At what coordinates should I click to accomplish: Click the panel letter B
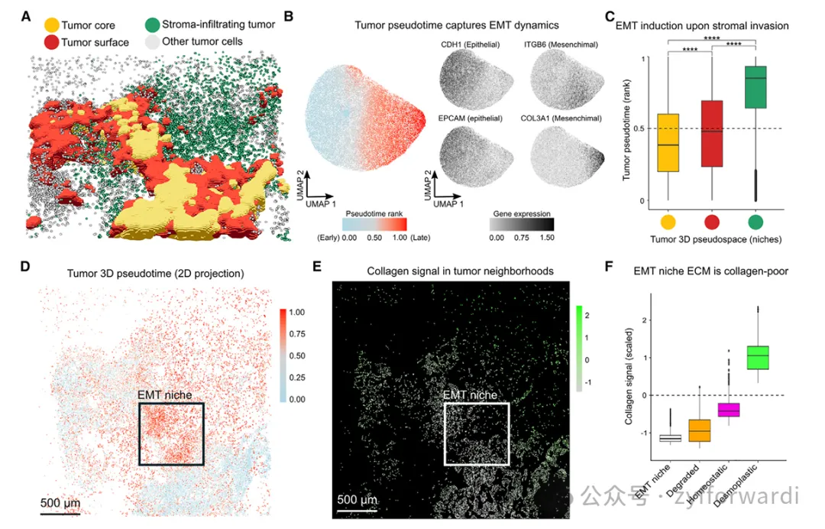(289, 15)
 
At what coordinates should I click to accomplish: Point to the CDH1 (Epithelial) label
(470, 45)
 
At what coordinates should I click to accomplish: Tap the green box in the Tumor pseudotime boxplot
(755, 87)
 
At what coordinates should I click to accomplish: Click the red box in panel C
(712, 134)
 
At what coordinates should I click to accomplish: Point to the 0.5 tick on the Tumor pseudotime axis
(632, 128)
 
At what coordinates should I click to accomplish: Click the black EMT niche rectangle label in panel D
(164, 395)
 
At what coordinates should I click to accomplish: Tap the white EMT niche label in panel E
(470, 395)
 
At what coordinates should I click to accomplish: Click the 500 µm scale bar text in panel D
(60, 503)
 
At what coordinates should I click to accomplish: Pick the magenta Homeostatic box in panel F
(723, 410)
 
